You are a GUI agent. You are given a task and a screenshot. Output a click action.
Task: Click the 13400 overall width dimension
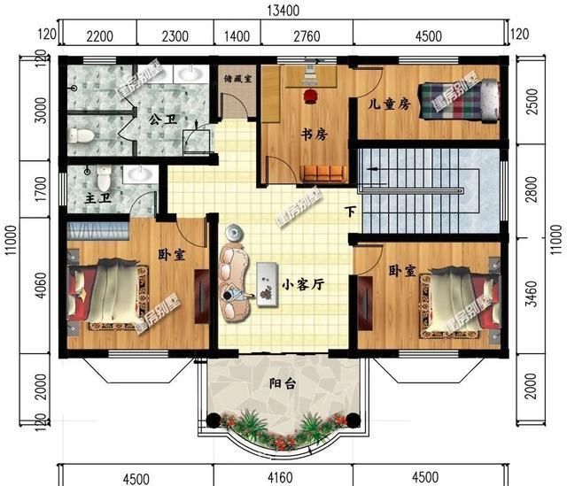[283, 10]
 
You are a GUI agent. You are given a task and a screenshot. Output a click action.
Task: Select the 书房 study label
[315, 135]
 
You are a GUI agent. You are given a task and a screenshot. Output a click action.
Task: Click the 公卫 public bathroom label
[160, 118]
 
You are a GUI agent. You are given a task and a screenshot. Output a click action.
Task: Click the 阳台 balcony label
[283, 383]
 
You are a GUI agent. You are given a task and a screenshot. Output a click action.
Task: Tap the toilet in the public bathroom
[82, 136]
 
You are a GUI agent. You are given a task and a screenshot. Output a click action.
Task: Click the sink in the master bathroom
[139, 174]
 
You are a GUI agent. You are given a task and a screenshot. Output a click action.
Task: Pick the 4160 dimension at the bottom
[283, 478]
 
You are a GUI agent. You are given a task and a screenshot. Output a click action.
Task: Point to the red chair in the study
[310, 92]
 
